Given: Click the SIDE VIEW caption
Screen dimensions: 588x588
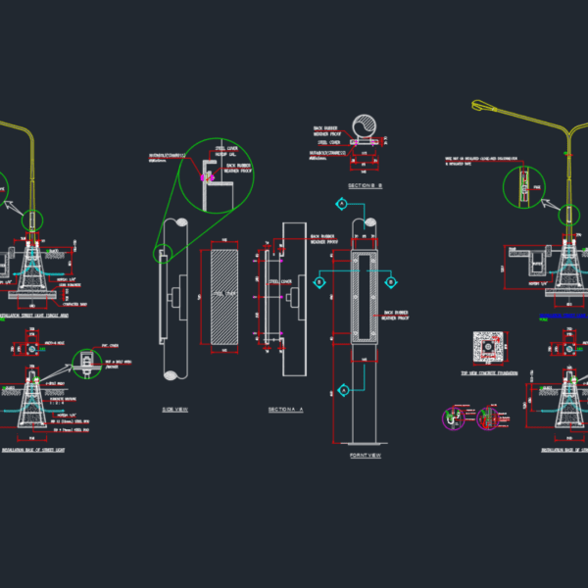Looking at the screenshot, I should click(175, 410).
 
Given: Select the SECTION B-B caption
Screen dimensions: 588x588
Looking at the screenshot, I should click(365, 184).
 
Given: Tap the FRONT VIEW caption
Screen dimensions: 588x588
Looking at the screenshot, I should click(364, 456).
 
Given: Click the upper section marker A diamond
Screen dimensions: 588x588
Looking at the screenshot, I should click(341, 204).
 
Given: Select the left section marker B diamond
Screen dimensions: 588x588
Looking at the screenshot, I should click(319, 282).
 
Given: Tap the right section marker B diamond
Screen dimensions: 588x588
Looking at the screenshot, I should click(390, 282).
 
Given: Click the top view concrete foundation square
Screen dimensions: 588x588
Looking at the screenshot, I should click(487, 347).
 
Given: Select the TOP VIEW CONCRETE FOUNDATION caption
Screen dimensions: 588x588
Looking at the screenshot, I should click(487, 373).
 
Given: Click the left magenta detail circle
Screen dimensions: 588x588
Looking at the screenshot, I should click(454, 418).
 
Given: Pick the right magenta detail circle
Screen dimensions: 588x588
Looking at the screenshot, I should click(488, 418).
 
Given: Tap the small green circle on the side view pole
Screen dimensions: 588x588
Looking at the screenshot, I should click(162, 253).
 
